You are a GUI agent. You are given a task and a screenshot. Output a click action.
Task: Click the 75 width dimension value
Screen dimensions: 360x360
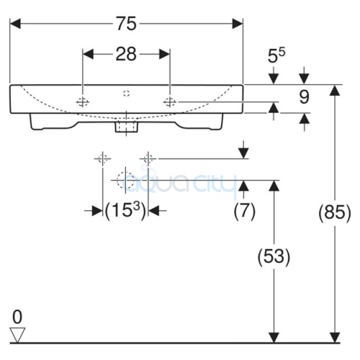127,24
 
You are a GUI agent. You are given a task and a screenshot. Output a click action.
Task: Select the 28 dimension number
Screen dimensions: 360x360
126,54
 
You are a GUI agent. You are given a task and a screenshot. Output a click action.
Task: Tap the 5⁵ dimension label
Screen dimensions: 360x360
276,55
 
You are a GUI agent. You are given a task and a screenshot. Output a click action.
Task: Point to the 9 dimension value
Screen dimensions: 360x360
304,97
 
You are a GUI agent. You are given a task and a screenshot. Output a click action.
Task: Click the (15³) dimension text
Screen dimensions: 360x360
125,211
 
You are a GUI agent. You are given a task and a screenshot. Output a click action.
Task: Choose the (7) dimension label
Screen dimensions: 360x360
244,211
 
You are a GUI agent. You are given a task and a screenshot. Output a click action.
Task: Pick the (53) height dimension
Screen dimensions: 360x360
274,256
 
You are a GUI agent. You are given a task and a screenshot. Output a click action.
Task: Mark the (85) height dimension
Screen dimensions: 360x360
335,212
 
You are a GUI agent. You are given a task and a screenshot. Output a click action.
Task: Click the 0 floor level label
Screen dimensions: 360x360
17,317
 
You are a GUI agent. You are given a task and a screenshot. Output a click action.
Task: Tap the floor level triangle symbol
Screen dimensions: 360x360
17,335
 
